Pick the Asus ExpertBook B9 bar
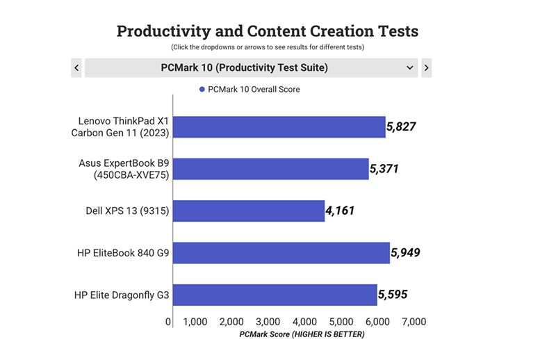(271, 169)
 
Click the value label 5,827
(402, 126)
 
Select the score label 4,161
(341, 211)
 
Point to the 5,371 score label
(384, 169)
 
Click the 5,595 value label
(393, 295)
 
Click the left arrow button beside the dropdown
(76, 67)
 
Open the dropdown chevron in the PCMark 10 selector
(410, 67)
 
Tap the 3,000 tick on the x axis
(268, 322)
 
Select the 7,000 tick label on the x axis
(414, 322)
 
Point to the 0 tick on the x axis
(169, 322)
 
